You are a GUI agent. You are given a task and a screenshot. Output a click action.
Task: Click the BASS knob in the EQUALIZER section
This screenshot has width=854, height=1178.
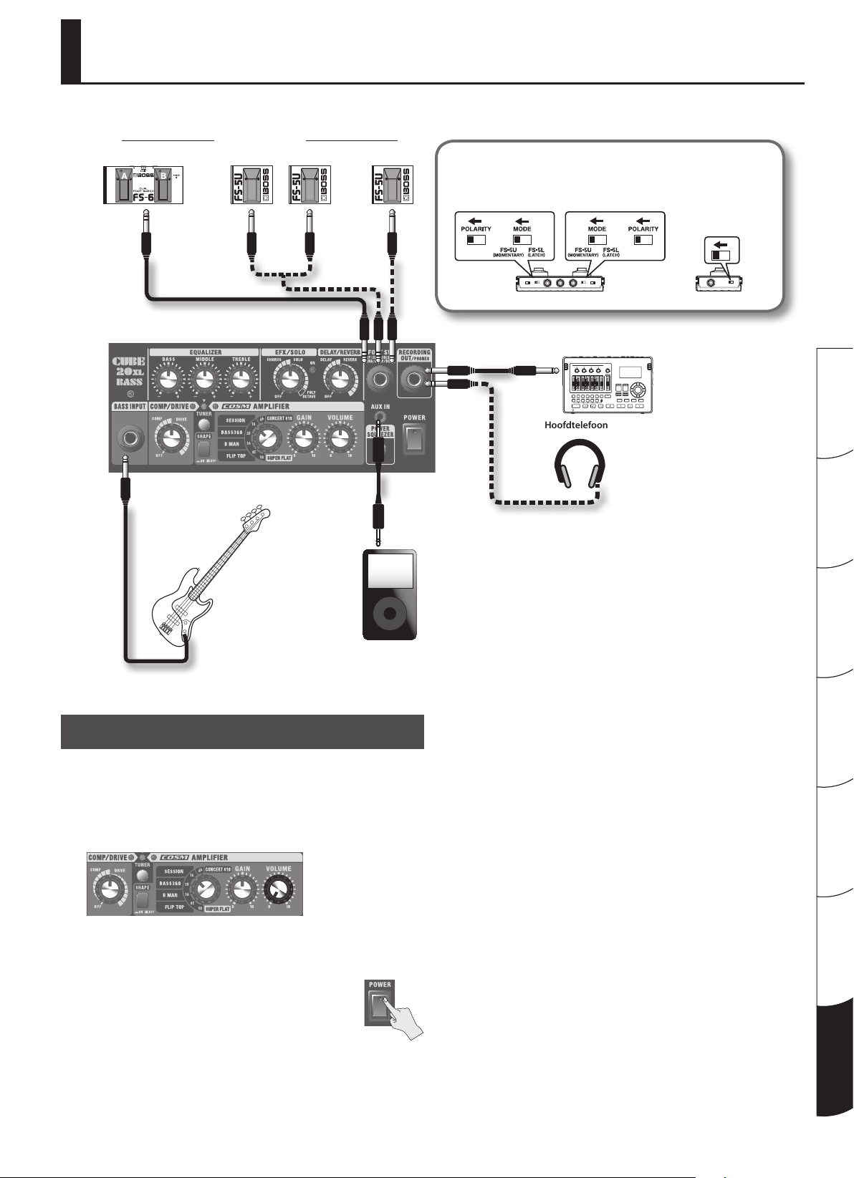(168, 379)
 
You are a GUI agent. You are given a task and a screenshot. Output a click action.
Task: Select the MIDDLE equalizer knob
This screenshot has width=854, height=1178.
(205, 379)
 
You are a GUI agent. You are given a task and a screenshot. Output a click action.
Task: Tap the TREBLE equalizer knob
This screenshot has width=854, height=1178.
(241, 379)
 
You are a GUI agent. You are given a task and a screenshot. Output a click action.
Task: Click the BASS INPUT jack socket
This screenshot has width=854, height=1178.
(129, 438)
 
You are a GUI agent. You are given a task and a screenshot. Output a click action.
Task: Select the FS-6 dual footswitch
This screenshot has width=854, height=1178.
(144, 185)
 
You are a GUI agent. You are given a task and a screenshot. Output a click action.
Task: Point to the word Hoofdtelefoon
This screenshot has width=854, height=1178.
(575, 425)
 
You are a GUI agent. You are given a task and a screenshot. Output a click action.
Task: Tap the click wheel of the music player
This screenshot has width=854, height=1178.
(389, 614)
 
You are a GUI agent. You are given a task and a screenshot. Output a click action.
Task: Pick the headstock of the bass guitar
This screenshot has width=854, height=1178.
(258, 514)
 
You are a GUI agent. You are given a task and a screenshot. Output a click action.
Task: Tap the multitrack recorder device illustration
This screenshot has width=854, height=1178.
(608, 385)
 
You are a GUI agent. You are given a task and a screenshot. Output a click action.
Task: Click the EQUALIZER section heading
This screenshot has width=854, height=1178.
(205, 352)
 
